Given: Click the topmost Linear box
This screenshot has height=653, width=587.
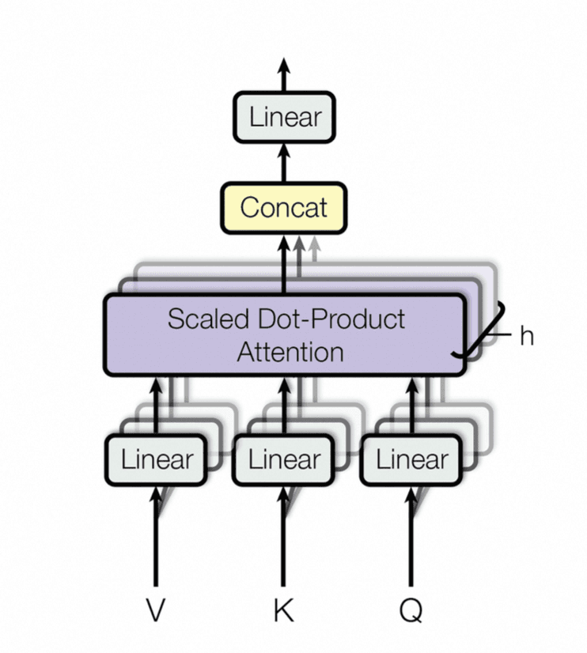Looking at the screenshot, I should pyautogui.click(x=284, y=117).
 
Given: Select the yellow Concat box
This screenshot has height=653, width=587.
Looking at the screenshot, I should pyautogui.click(x=284, y=207).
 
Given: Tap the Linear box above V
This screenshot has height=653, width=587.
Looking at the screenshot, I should pyautogui.click(x=156, y=459).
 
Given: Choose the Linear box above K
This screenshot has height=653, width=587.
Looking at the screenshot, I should pyautogui.click(x=284, y=459).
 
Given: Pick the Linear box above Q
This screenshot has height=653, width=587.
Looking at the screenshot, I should pyautogui.click(x=411, y=459).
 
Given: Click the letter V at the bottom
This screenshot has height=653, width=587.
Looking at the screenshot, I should pyautogui.click(x=156, y=610).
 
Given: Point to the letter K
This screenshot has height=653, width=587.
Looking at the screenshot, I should pyautogui.click(x=283, y=610).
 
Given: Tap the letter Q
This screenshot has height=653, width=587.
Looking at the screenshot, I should pyautogui.click(x=411, y=610).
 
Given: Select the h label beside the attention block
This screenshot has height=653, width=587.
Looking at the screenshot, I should pyautogui.click(x=527, y=336).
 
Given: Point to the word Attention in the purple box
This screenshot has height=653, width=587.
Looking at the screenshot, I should pyautogui.click(x=290, y=351).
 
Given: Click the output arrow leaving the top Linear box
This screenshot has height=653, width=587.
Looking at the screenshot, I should pyautogui.click(x=284, y=75).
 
